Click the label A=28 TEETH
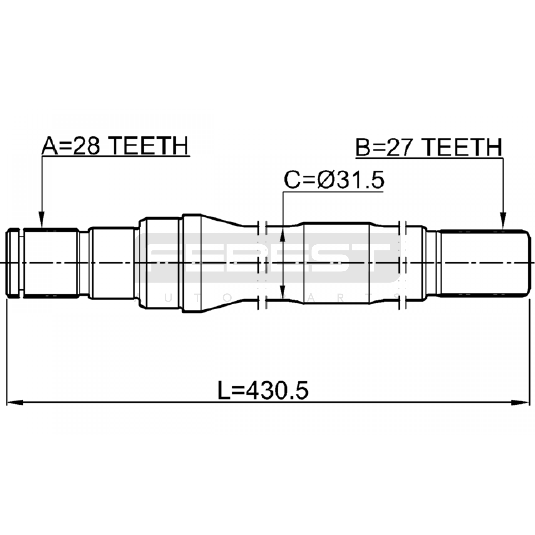(115, 146)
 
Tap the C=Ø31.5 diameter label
(334, 180)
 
